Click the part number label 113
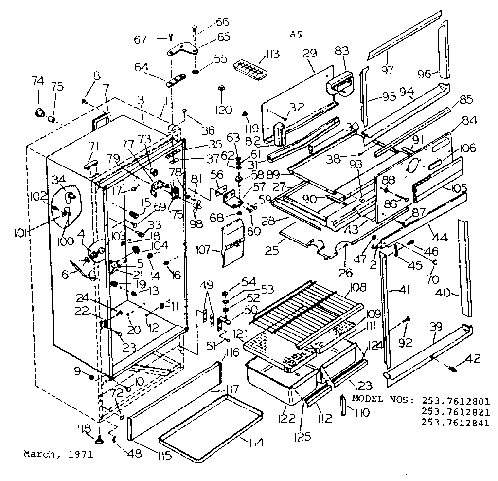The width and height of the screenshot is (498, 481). [273, 54]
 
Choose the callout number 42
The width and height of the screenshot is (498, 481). [474, 359]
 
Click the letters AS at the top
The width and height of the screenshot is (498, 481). [296, 34]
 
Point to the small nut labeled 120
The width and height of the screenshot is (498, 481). [221, 88]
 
